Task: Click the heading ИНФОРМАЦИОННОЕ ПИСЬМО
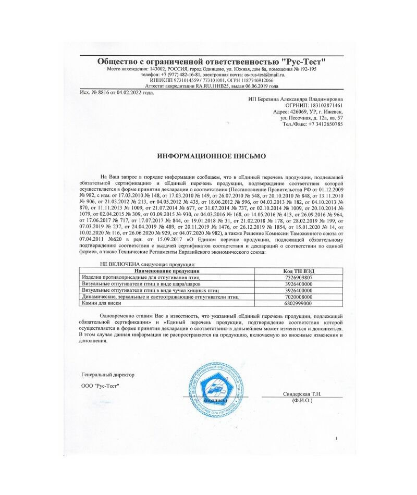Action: coord(212,156)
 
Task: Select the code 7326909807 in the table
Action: coord(297,277)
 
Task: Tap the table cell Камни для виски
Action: coord(100,303)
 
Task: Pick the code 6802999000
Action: coord(297,303)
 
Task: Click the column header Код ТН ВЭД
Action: coord(297,271)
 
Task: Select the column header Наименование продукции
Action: coord(166,271)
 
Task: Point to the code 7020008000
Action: coord(297,296)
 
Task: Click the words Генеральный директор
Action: coord(108,375)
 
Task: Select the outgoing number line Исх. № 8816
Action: coord(117,92)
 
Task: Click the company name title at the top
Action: coord(212,61)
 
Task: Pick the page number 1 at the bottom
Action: coord(336,438)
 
